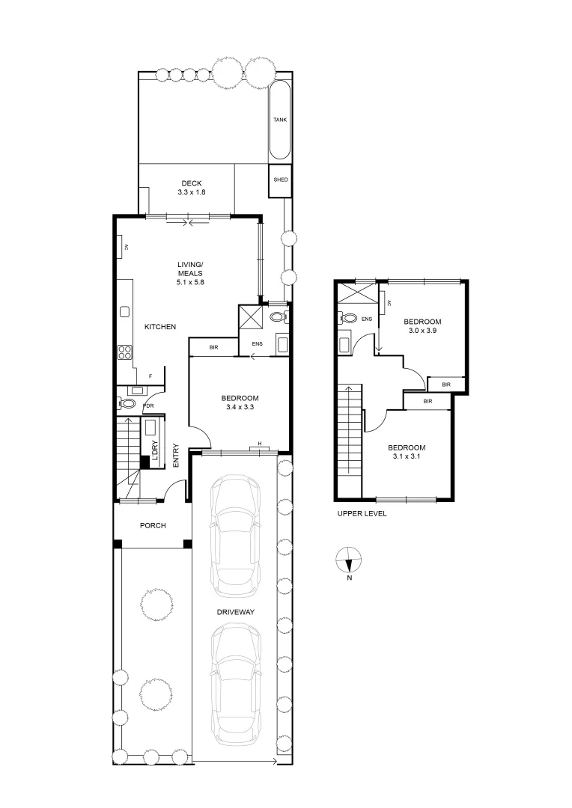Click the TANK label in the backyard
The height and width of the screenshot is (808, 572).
tap(279, 120)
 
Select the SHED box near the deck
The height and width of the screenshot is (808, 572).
tap(280, 180)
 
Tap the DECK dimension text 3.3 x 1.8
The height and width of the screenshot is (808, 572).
tap(192, 192)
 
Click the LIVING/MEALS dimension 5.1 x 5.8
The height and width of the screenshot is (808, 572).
tap(190, 282)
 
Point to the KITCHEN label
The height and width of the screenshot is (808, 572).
tap(160, 327)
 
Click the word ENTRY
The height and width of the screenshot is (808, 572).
tap(176, 456)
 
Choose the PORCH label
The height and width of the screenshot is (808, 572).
tap(153, 525)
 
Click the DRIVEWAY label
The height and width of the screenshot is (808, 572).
tap(237, 612)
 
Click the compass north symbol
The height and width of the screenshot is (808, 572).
tap(349, 560)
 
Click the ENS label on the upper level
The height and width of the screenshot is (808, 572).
tap(366, 319)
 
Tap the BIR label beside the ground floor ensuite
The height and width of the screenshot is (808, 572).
tap(213, 348)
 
